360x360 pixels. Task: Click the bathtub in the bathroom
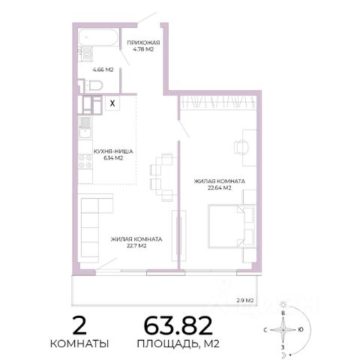(98, 37)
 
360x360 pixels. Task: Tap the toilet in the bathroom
(94, 85)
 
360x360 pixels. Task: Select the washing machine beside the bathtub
(85, 54)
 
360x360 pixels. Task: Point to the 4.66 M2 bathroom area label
(103, 70)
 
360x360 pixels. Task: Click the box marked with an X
(112, 103)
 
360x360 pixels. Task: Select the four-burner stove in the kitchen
(85, 161)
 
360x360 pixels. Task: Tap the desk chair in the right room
(241, 147)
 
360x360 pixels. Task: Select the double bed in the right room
(232, 226)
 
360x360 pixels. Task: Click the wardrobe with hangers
(218, 102)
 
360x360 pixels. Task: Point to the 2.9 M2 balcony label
(245, 300)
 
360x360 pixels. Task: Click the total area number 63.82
(178, 325)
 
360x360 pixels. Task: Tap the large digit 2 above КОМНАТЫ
(79, 325)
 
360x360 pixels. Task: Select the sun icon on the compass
(283, 304)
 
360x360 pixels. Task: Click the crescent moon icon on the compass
(283, 355)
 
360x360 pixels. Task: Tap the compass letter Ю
(301, 330)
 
